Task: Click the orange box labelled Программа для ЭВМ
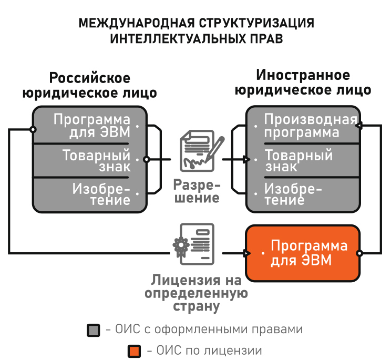(x=303, y=253)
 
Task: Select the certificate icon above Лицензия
(x=195, y=242)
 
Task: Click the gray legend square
(x=94, y=330)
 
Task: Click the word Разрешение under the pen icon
(x=196, y=192)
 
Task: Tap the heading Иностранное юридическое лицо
(x=303, y=83)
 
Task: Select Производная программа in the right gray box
(x=310, y=126)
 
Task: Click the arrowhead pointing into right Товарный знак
(x=246, y=159)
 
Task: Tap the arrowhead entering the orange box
(x=246, y=253)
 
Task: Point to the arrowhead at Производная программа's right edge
(x=358, y=126)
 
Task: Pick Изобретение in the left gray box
(x=101, y=194)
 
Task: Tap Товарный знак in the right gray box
(x=299, y=161)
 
